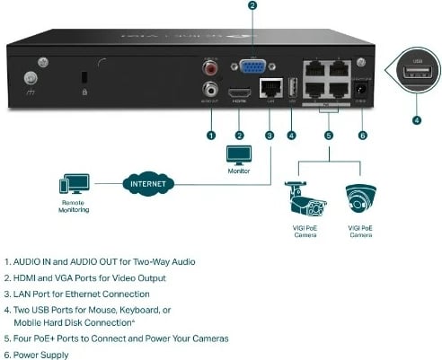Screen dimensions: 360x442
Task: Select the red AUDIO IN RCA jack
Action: (x=211, y=67)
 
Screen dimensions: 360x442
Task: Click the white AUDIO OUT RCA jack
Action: (x=211, y=89)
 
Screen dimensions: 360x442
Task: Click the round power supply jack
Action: (x=362, y=90)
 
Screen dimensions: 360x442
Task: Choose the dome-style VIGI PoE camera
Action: (x=359, y=198)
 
